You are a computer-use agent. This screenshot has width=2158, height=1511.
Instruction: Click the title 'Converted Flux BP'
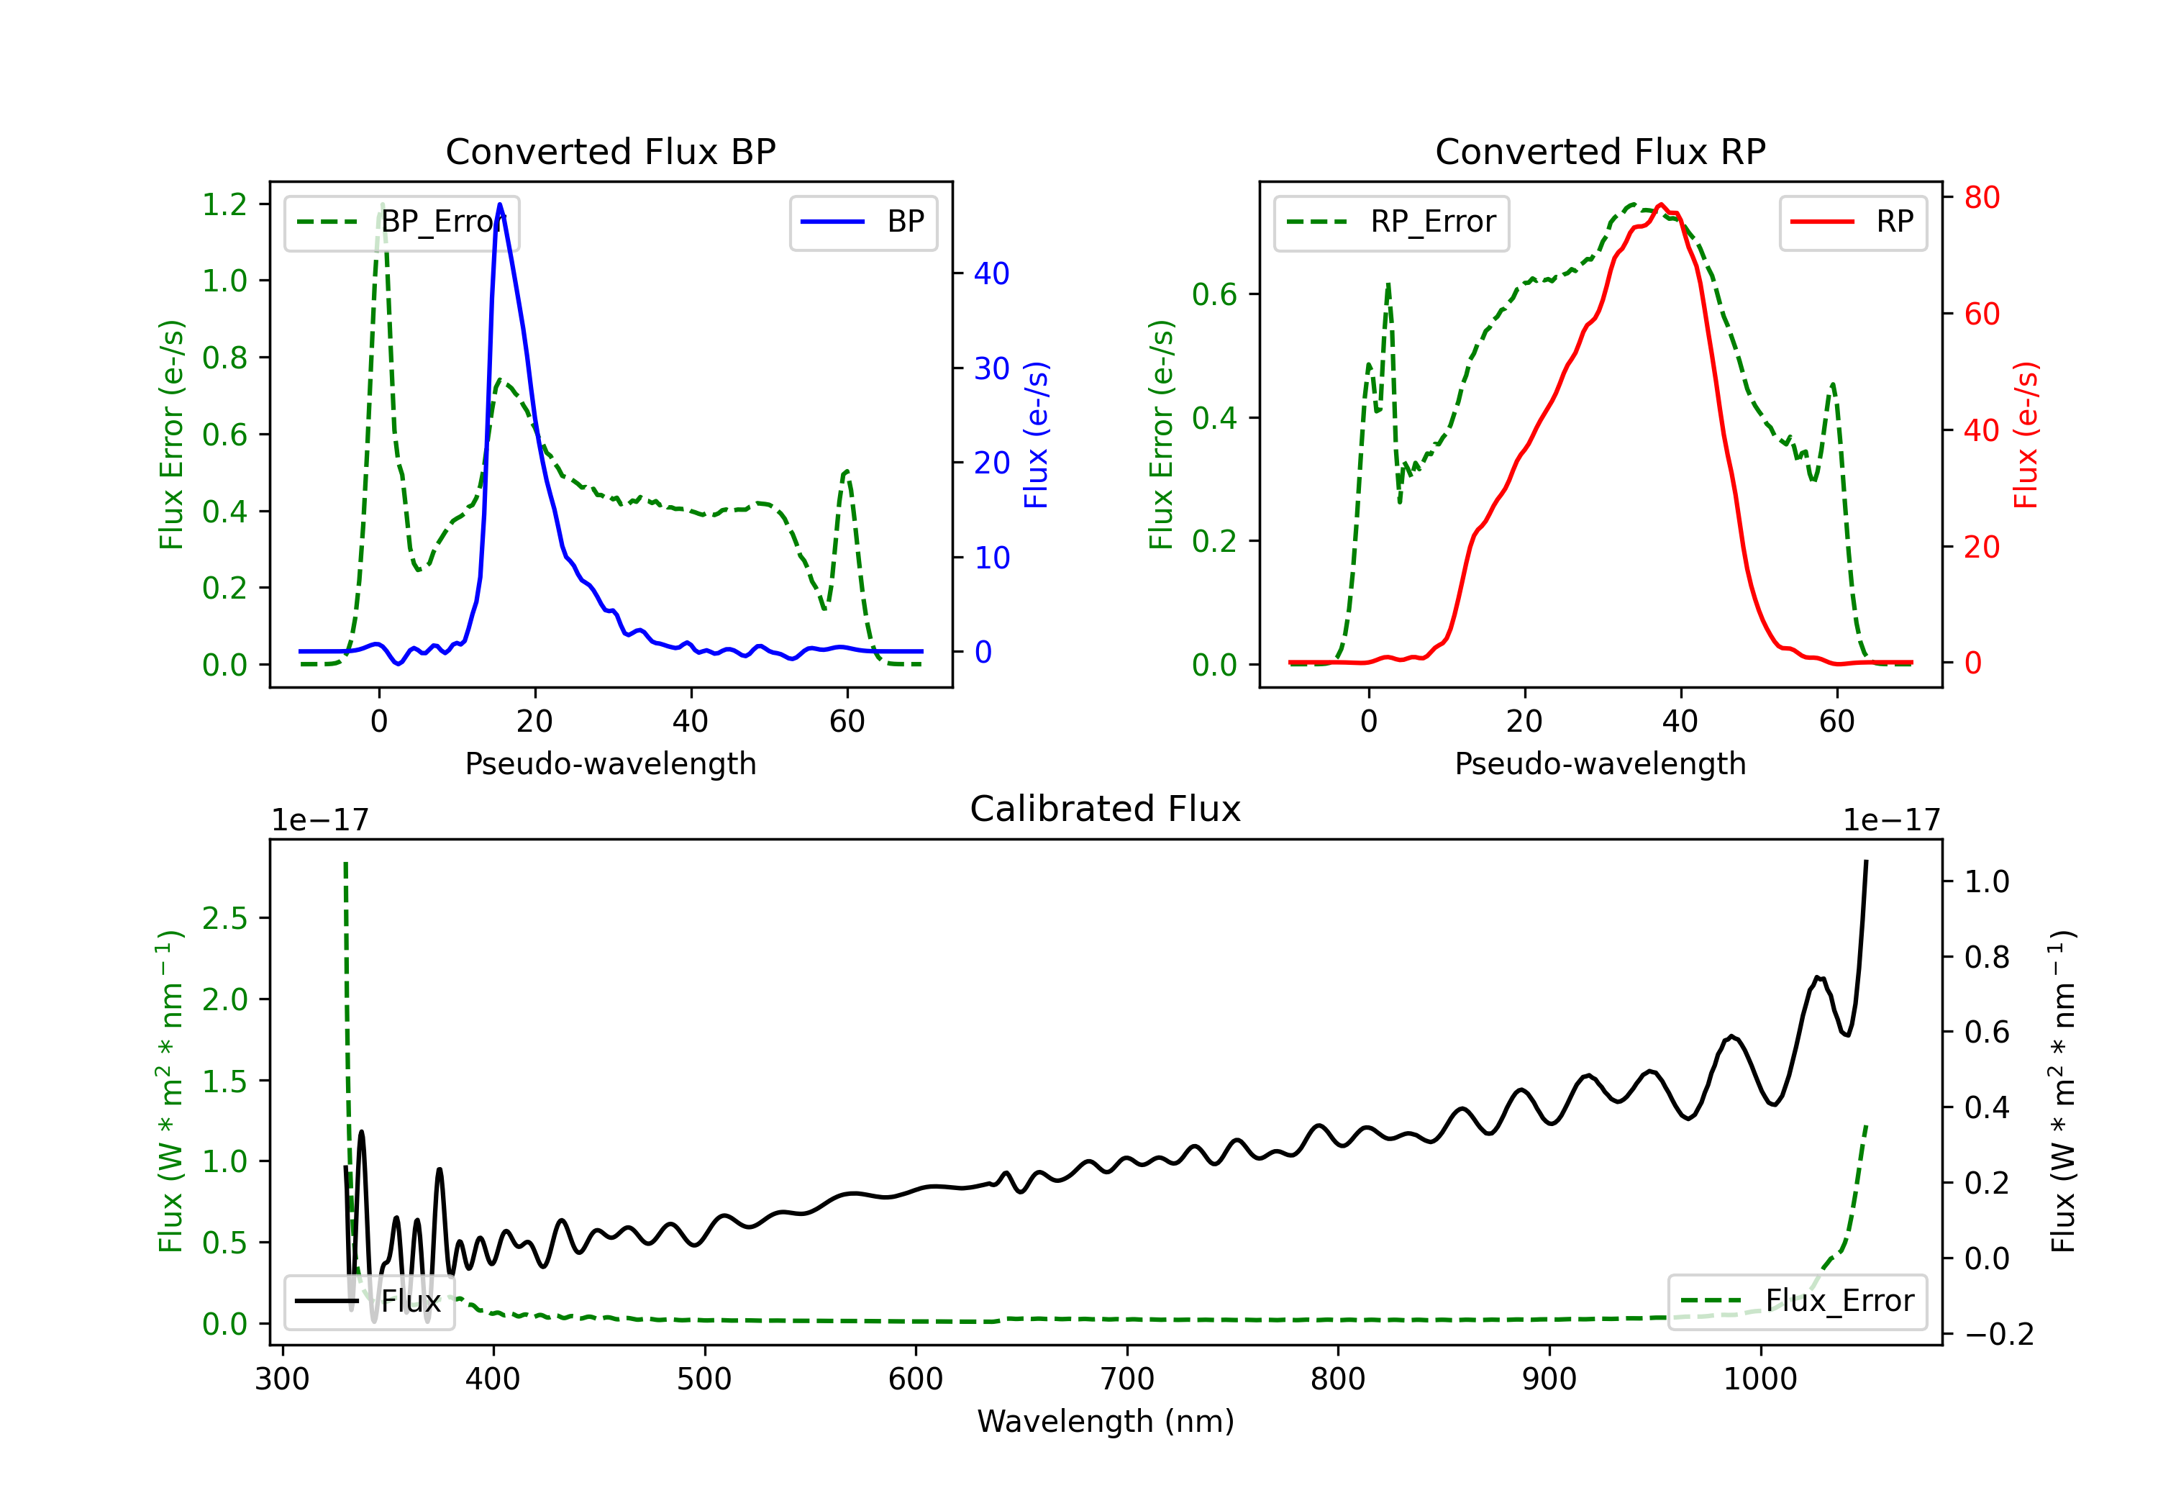pyautogui.click(x=610, y=151)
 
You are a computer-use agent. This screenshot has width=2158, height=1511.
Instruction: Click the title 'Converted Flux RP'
pyautogui.click(x=1600, y=151)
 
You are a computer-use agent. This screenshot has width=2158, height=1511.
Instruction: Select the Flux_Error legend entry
pyautogui.click(x=1797, y=1302)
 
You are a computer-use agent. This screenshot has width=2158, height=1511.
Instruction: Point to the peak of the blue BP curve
pyautogui.click(x=499, y=204)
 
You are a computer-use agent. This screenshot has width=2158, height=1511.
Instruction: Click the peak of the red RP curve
pyautogui.click(x=1661, y=205)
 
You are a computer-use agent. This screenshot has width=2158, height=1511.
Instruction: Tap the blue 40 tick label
pyautogui.click(x=991, y=273)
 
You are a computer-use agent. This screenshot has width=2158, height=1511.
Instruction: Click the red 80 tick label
pyautogui.click(x=1982, y=197)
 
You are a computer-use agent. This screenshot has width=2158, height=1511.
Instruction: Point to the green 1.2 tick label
pyautogui.click(x=224, y=204)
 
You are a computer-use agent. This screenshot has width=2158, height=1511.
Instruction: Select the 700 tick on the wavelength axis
pyautogui.click(x=1127, y=1379)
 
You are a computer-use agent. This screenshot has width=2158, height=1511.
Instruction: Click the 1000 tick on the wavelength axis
pyautogui.click(x=1760, y=1379)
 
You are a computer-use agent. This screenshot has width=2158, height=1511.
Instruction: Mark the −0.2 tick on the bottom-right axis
pyautogui.click(x=1999, y=1334)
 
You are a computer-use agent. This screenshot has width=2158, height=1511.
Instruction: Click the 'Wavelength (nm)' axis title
pyautogui.click(x=1106, y=1422)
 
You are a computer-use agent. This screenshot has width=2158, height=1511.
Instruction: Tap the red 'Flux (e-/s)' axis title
pyautogui.click(x=2026, y=435)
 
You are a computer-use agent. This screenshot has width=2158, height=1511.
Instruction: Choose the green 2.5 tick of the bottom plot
pyautogui.click(x=224, y=917)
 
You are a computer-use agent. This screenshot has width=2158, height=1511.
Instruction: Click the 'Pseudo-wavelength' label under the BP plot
pyautogui.click(x=611, y=763)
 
